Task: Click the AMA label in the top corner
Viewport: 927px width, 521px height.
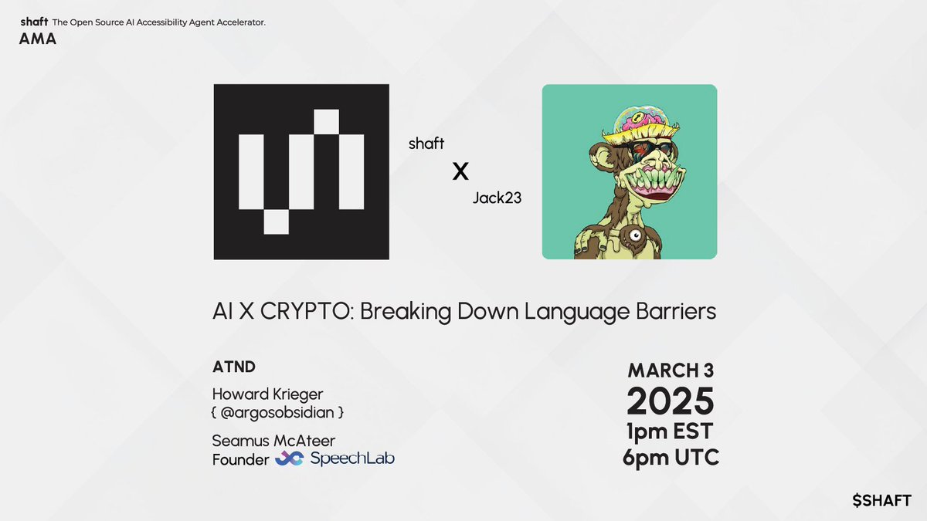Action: tap(38, 39)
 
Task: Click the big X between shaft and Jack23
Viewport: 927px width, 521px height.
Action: tap(460, 171)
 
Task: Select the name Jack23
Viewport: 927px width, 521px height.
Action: tap(497, 198)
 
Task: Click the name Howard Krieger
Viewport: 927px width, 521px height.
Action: tap(267, 394)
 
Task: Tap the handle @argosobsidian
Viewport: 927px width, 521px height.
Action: tap(277, 413)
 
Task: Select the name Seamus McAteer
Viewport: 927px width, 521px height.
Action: tap(273, 441)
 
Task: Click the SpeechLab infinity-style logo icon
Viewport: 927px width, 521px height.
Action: tap(289, 459)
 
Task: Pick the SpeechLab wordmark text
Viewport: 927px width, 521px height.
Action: tap(351, 459)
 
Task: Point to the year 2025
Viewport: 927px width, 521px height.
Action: tap(670, 401)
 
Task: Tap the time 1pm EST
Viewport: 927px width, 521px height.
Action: tap(670, 431)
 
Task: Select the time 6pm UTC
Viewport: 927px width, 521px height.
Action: tap(670, 458)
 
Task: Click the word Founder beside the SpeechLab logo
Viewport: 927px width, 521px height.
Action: tap(240, 460)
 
